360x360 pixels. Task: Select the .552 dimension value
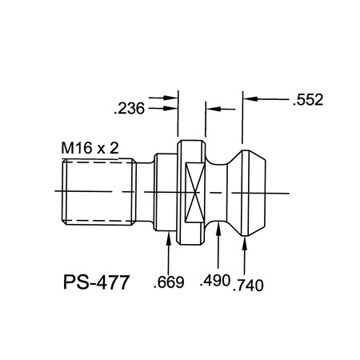(x=309, y=101)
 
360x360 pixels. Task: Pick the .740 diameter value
(x=249, y=284)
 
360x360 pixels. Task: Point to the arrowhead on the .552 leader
(x=247, y=100)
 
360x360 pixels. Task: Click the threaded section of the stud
(x=96, y=192)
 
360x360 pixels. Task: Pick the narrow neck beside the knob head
(x=218, y=192)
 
